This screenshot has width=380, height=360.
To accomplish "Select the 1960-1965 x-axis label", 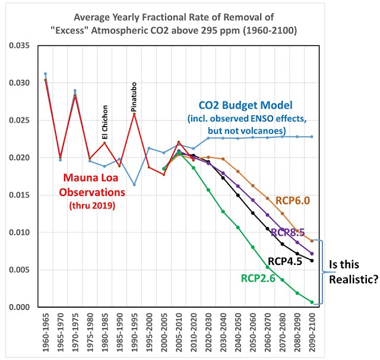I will pyautogui.click(x=45, y=333).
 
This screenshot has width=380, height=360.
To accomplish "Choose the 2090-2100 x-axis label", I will pyautogui.click(x=312, y=333).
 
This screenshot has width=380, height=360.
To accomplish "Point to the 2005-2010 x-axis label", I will pyautogui.click(x=179, y=333).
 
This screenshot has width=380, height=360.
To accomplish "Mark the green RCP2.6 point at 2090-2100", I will pyautogui.click(x=312, y=302).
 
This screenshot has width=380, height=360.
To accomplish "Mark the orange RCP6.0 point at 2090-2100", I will pyautogui.click(x=312, y=241).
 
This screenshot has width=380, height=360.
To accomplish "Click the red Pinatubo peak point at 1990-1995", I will pyautogui.click(x=134, y=114).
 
